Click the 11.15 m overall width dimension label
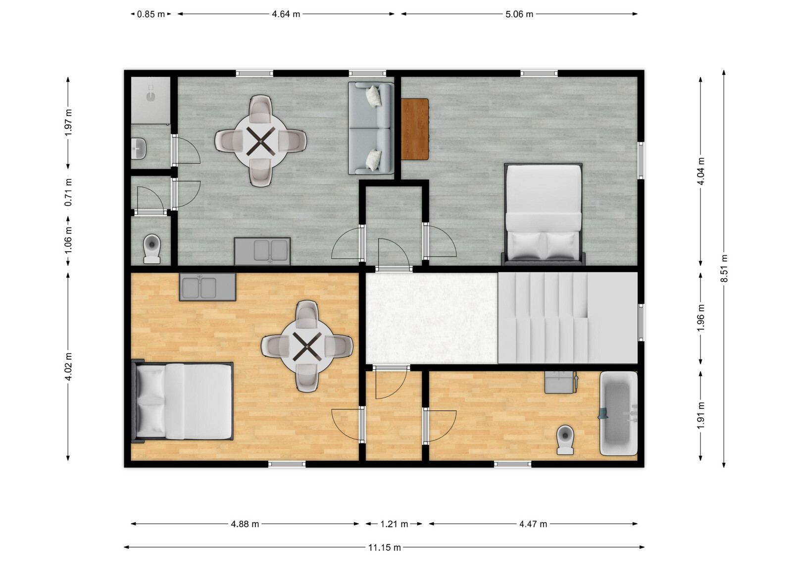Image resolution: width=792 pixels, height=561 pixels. [x=384, y=548]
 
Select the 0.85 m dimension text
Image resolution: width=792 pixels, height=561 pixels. [x=151, y=14]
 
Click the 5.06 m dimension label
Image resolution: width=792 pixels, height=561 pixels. [x=519, y=14]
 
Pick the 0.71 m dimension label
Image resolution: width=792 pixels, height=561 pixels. [x=68, y=192]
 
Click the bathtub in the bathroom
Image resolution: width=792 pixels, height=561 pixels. [x=619, y=413]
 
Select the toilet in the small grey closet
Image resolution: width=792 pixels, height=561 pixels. [x=152, y=248]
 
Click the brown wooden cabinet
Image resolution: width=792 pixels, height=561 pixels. [x=415, y=129]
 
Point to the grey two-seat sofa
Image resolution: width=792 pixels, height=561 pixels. [x=371, y=128]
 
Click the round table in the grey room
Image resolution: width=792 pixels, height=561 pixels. [x=260, y=141]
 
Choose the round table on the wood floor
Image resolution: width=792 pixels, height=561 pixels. [x=307, y=346]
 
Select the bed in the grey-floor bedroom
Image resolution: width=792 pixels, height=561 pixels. [x=544, y=214]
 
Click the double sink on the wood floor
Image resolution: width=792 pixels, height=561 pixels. [x=207, y=286]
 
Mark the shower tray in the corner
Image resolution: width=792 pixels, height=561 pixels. [x=151, y=100]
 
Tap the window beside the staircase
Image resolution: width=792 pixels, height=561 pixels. [x=641, y=322]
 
